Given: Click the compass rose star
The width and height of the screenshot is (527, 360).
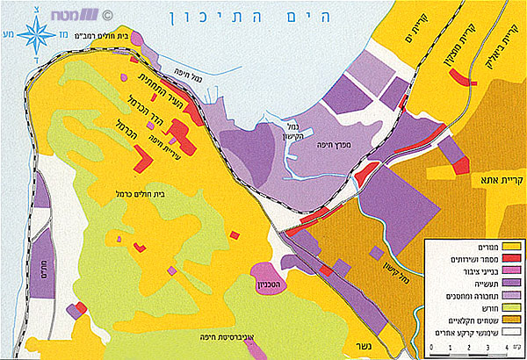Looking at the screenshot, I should pos(37,35).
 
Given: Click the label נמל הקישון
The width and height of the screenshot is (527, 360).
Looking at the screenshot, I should pos(293,132).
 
